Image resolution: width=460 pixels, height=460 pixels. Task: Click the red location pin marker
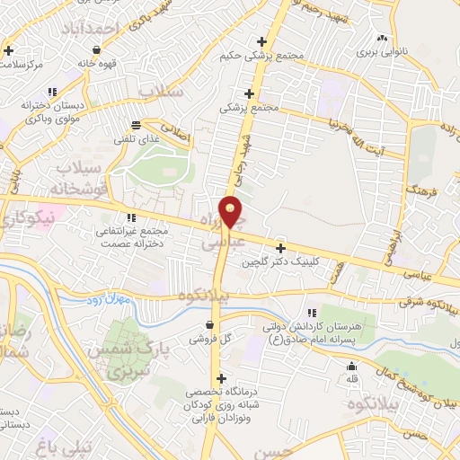pyautogui.click(x=232, y=212)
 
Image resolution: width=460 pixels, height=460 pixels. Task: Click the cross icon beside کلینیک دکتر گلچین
pyautogui.click(x=280, y=248)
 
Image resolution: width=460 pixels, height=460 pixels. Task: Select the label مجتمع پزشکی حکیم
pyautogui.click(x=261, y=56)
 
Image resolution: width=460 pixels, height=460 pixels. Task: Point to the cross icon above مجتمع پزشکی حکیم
pyautogui.click(x=261, y=41)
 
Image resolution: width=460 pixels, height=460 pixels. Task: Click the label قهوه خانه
pyautogui.click(x=97, y=64)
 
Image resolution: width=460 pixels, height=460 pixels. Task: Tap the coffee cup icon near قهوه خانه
pyautogui.click(x=96, y=49)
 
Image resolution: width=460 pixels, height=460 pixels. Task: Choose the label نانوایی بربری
pyautogui.click(x=383, y=52)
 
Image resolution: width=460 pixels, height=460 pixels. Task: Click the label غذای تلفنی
pyautogui.click(x=135, y=140)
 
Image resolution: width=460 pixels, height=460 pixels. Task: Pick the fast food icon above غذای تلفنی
pyautogui.click(x=135, y=125)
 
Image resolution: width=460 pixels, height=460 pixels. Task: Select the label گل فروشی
pyautogui.click(x=208, y=340)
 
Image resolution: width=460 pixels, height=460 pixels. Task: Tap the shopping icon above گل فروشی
pyautogui.click(x=209, y=324)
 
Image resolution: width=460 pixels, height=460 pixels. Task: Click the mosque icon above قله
pyautogui.click(x=352, y=367)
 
